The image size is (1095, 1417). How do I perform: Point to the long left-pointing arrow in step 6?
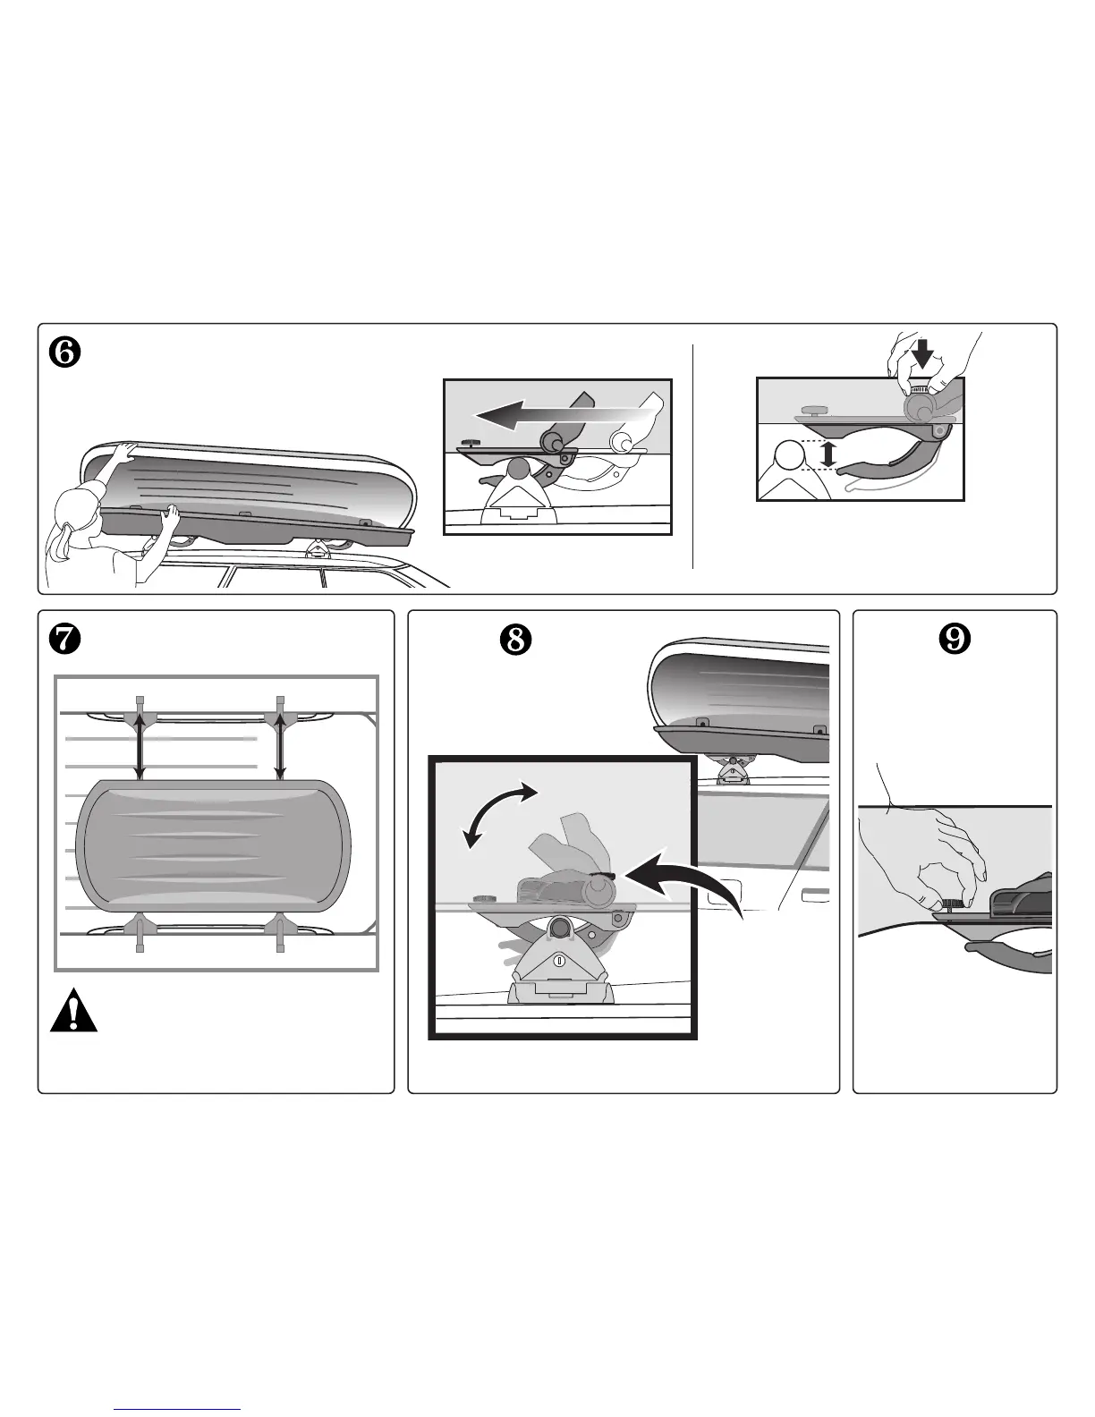click(559, 414)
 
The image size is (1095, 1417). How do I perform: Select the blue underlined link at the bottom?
click(179, 1409)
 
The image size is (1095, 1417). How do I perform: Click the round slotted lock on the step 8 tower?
click(559, 962)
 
